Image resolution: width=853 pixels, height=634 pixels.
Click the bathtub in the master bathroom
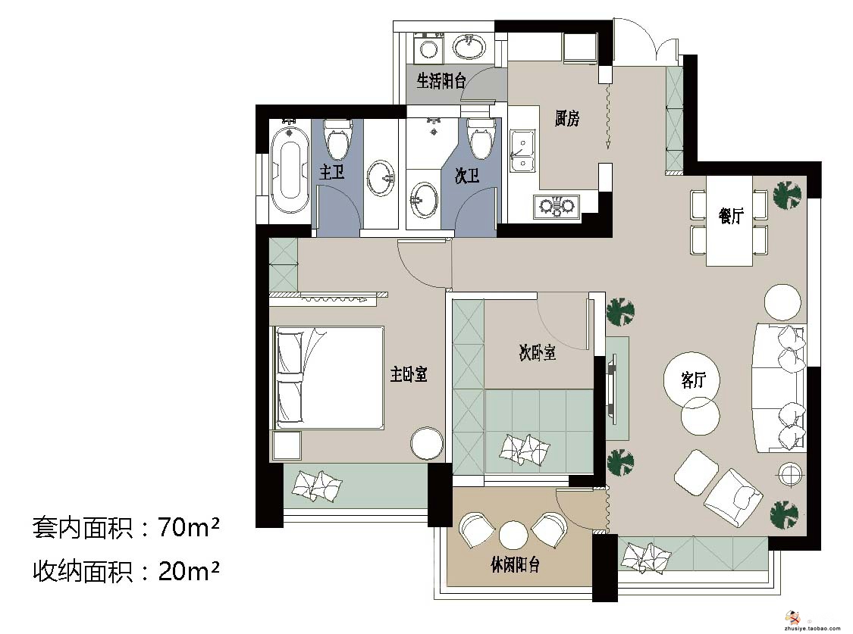pyautogui.click(x=290, y=170)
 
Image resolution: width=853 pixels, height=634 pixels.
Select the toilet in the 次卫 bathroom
pyautogui.click(x=481, y=138)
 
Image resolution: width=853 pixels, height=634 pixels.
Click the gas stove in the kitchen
pyautogui.click(x=557, y=207)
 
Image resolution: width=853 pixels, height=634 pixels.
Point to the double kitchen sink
pyautogui.click(x=522, y=151)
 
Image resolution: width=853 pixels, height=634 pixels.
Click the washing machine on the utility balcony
pyautogui.click(x=429, y=48)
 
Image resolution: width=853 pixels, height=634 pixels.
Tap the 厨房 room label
pyautogui.click(x=567, y=118)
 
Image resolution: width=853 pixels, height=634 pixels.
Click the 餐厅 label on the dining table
pyautogui.click(x=731, y=216)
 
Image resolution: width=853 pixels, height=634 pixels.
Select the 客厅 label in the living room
pyautogui.click(x=692, y=379)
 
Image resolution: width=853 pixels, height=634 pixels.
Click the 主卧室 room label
pyautogui.click(x=409, y=373)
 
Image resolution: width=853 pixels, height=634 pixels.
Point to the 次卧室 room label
pyautogui.click(x=537, y=352)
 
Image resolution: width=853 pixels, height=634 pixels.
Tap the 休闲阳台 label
pyautogui.click(x=515, y=565)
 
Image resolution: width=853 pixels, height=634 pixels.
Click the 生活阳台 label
pyautogui.click(x=441, y=81)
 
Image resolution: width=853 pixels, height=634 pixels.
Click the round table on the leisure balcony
pyautogui.click(x=513, y=536)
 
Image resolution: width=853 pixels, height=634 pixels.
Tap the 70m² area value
pyautogui.click(x=188, y=527)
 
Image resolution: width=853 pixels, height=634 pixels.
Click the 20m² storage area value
pyautogui.click(x=188, y=571)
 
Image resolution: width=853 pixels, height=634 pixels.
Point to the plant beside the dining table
pyautogui.click(x=786, y=195)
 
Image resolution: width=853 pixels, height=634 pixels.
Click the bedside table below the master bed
pyautogui.click(x=287, y=446)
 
